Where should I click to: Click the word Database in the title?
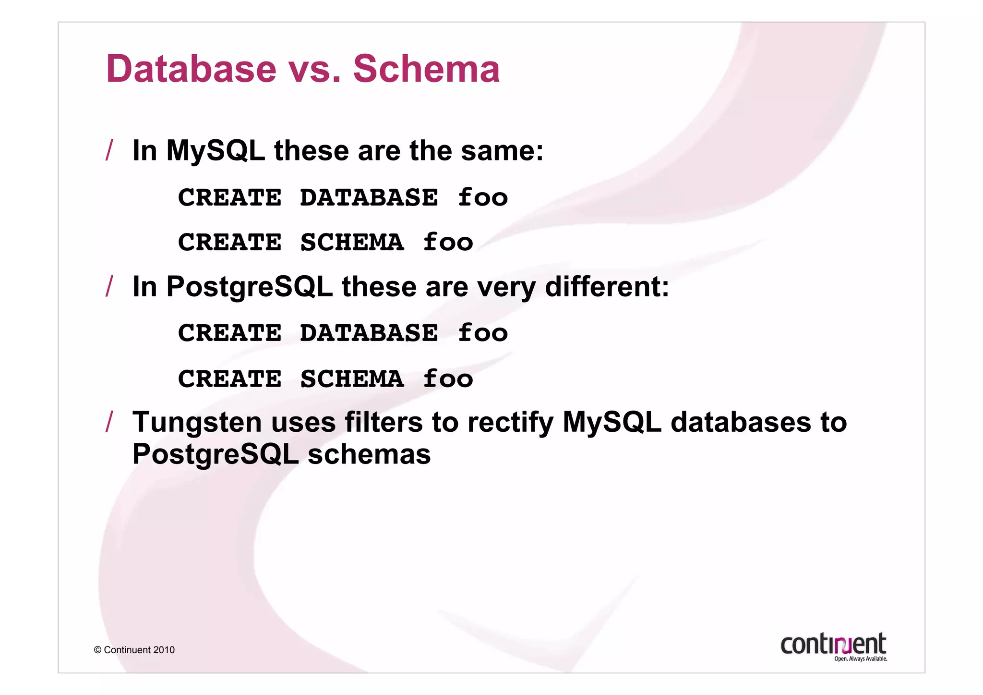click(x=192, y=69)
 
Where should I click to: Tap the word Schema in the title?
click(x=426, y=69)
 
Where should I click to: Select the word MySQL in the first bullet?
click(x=215, y=151)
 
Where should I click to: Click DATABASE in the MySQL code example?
click(x=369, y=197)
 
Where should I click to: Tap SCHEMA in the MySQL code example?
click(x=352, y=242)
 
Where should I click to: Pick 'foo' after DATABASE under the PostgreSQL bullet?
click(x=482, y=333)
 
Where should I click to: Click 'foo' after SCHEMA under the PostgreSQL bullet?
click(x=448, y=378)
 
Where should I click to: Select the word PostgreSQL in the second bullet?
click(x=249, y=287)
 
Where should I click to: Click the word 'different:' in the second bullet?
click(x=607, y=287)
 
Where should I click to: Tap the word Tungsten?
click(x=197, y=423)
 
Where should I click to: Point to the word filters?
click(x=383, y=423)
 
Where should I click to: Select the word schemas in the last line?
click(x=369, y=454)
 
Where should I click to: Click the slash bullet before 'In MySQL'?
click(x=109, y=150)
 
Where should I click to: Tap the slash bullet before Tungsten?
click(x=109, y=422)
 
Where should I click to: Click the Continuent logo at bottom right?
click(x=833, y=644)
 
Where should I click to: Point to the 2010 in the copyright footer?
click(x=164, y=650)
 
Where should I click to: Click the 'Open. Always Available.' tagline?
click(x=860, y=659)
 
